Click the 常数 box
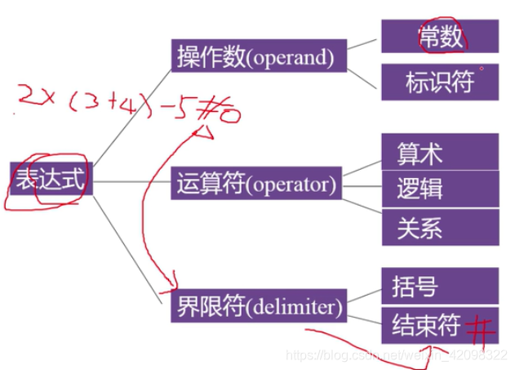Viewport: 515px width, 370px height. [439, 37]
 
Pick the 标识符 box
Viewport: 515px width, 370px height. [439, 82]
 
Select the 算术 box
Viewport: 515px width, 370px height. [439, 152]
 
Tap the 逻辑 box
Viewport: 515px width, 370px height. [439, 189]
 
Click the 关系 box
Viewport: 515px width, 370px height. [439, 226]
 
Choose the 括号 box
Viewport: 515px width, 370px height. [439, 287]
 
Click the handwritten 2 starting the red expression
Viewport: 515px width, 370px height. [26, 100]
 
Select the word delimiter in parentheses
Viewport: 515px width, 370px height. [297, 309]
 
